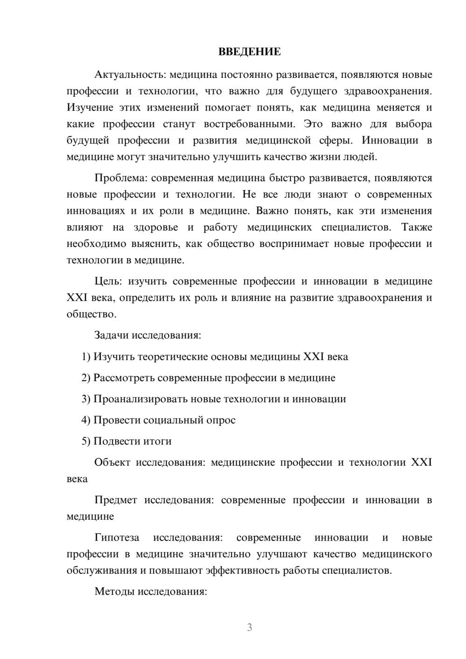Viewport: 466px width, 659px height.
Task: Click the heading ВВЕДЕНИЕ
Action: click(x=249, y=52)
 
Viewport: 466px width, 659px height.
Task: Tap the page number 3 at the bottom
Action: click(x=249, y=627)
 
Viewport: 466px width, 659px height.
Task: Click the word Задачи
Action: click(x=111, y=335)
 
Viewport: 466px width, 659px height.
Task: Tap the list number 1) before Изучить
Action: click(x=86, y=357)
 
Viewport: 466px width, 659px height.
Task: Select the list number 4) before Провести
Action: click(x=86, y=420)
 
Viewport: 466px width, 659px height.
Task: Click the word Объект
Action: click(x=112, y=462)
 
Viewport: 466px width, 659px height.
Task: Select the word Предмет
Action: click(x=116, y=500)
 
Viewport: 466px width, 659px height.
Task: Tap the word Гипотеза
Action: click(x=116, y=538)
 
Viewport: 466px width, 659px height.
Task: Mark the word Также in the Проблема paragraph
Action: click(x=416, y=227)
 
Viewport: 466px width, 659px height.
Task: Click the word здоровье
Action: click(x=156, y=227)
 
